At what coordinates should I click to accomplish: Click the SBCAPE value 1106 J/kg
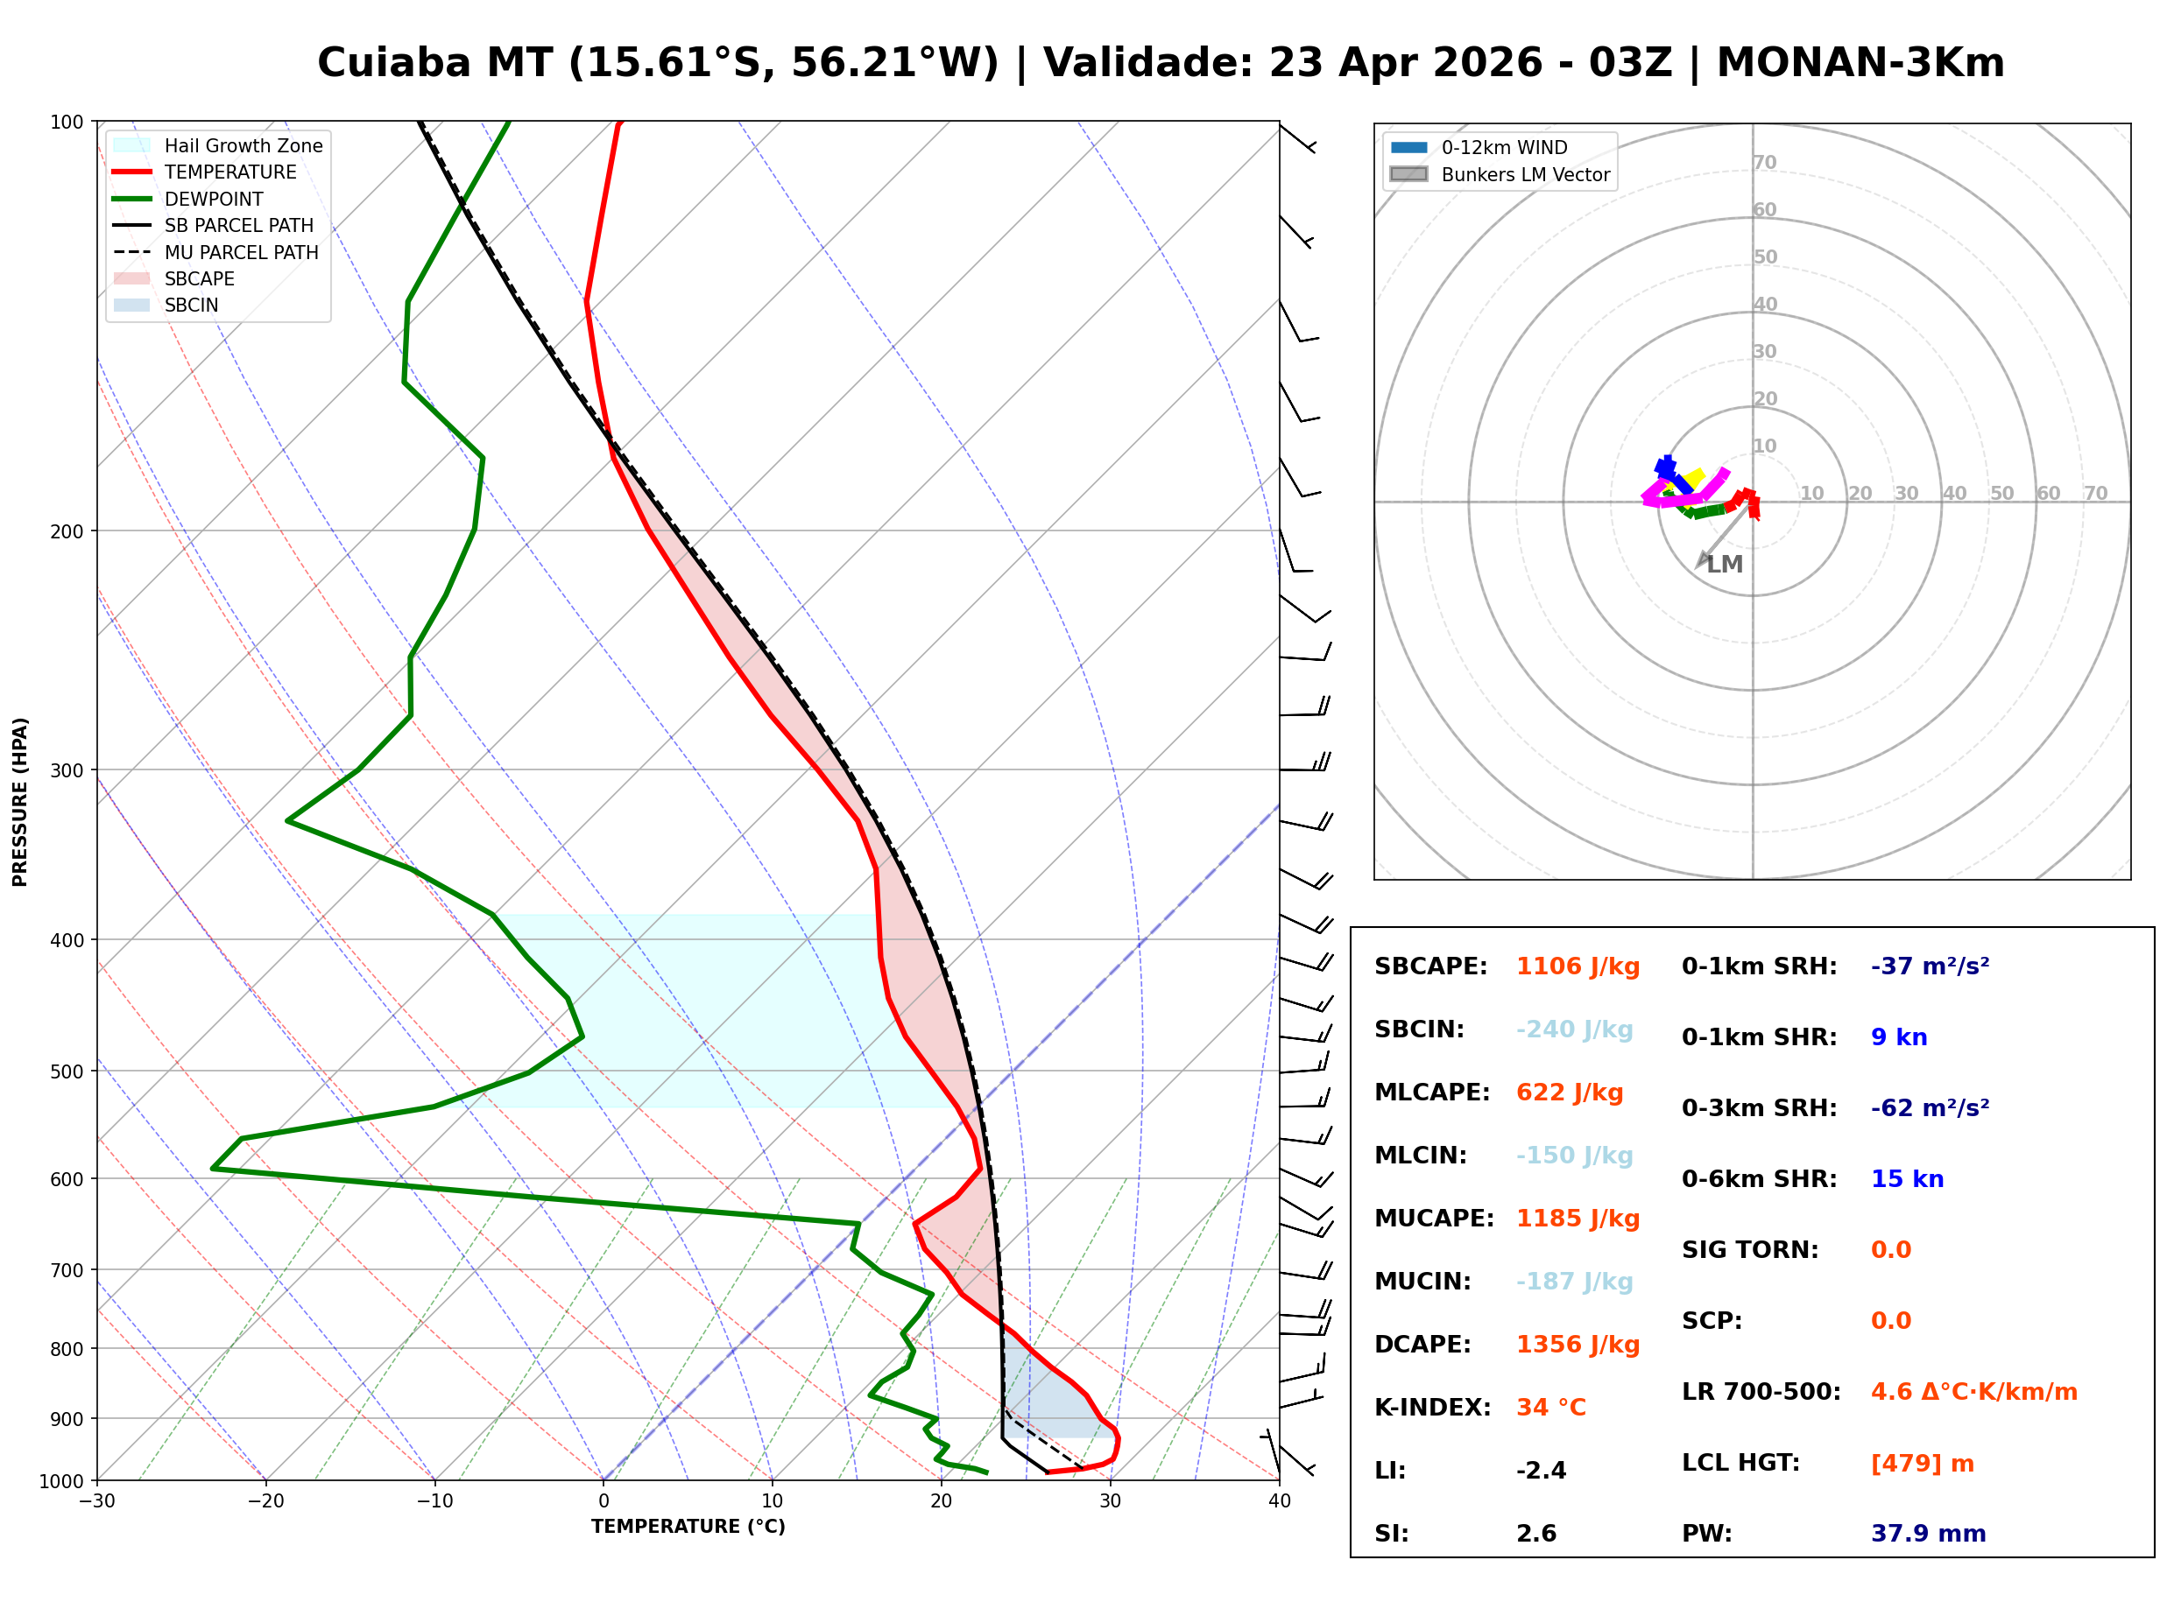[x=1578, y=966]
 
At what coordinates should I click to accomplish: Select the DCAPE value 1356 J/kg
[x=1578, y=1345]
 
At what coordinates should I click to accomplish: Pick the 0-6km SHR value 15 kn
[x=1907, y=1179]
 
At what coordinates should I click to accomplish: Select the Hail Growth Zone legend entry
[x=243, y=145]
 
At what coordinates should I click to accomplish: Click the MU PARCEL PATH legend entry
[x=241, y=252]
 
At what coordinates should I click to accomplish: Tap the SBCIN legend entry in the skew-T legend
[x=191, y=306]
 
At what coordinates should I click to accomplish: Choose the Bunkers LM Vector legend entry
[x=1525, y=174]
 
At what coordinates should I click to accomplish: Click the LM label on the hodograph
[x=1725, y=565]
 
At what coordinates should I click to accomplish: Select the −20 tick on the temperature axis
[x=265, y=1501]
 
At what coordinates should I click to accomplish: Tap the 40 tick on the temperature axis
[x=1279, y=1501]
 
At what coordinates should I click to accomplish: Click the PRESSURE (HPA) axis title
[x=20, y=802]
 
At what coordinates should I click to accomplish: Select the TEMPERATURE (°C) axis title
[x=688, y=1528]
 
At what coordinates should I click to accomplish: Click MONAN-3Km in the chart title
[x=1860, y=63]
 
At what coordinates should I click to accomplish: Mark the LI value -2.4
[x=1542, y=1471]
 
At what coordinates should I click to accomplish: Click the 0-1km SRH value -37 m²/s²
[x=1930, y=966]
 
